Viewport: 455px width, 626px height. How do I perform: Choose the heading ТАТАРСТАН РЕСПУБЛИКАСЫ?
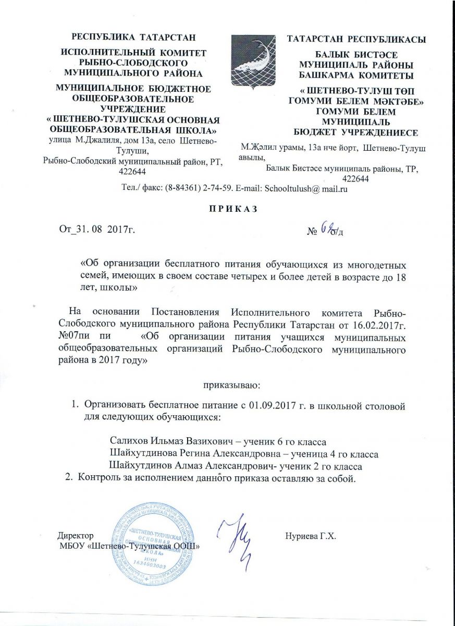[x=357, y=39]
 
